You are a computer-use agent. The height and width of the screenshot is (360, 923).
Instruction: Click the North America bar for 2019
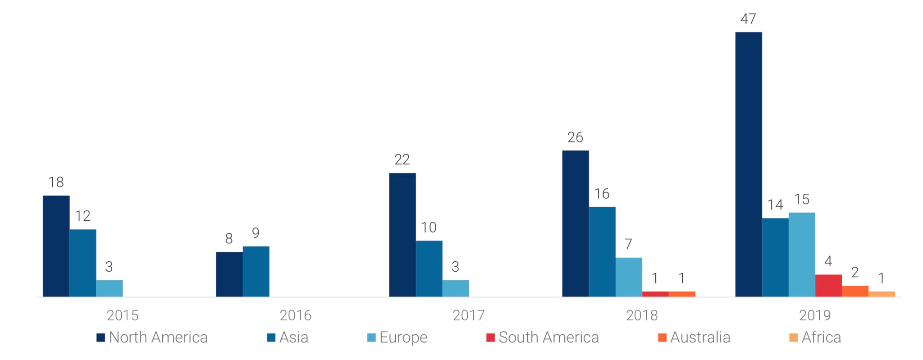(749, 164)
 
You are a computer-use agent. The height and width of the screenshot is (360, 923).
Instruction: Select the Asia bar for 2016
(256, 271)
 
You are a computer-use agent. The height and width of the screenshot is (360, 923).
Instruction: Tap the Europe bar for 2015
(110, 288)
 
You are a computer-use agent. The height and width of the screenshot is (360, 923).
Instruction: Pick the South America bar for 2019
(828, 285)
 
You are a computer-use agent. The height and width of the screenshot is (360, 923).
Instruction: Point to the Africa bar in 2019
(882, 294)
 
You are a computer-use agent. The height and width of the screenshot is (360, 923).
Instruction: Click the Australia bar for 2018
(682, 294)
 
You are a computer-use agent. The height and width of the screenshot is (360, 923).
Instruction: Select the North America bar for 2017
(402, 235)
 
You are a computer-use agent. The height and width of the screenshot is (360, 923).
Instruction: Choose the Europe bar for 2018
(629, 277)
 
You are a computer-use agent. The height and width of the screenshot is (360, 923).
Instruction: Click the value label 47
(748, 19)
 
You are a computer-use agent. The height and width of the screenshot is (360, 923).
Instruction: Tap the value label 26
(575, 137)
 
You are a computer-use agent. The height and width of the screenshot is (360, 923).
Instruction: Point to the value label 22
(402, 159)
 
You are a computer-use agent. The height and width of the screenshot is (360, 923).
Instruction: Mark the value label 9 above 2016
(256, 233)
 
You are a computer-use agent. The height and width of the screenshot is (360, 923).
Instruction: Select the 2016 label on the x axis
(296, 315)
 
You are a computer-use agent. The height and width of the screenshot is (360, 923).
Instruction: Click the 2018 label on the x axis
(642, 315)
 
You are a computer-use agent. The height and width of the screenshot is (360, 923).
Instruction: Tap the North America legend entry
(152, 337)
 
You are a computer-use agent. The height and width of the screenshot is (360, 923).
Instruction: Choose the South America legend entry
(543, 337)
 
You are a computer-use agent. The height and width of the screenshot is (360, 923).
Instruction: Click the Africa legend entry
(815, 337)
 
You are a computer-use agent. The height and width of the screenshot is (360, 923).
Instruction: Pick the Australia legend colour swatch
(662, 337)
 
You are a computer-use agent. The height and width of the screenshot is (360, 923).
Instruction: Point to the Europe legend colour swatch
(371, 337)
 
